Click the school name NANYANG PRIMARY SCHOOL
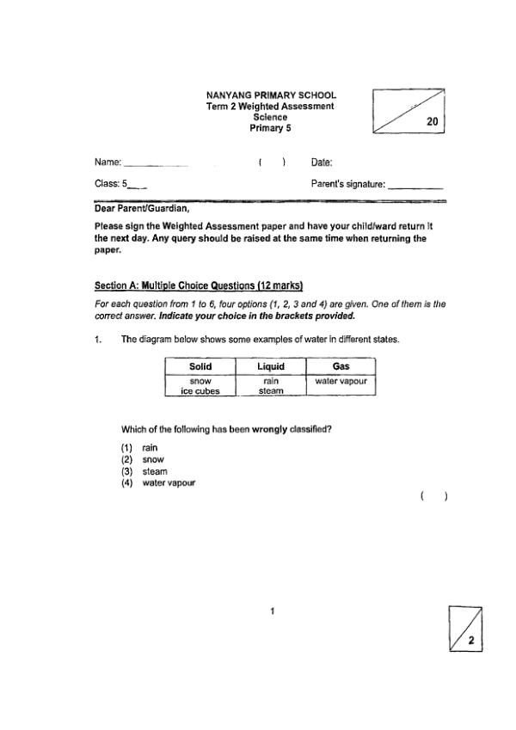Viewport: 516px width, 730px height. [271, 95]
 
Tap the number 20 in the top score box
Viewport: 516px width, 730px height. [433, 123]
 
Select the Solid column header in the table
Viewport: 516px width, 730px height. [200, 366]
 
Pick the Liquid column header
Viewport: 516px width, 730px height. [270, 366]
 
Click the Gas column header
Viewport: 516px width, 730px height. [341, 366]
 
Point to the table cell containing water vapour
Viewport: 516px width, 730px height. [341, 380]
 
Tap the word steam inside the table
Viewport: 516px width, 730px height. [270, 390]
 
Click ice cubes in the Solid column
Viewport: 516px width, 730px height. [200, 390]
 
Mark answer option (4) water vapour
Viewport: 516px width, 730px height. [158, 483]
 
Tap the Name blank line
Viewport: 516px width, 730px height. [156, 163]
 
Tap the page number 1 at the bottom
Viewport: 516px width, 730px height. [272, 612]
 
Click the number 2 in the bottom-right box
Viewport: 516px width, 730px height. [471, 641]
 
